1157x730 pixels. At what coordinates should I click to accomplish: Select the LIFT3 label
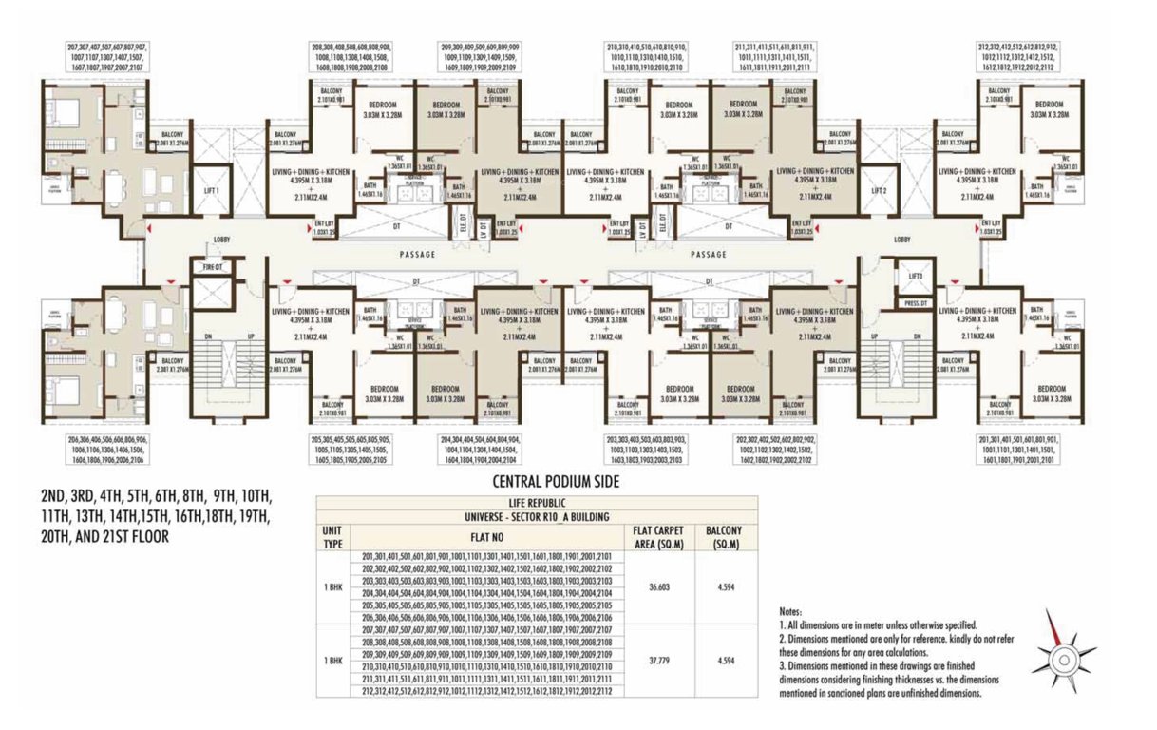click(915, 276)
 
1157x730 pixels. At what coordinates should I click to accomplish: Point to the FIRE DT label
click(213, 268)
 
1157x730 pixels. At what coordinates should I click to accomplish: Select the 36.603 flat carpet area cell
click(658, 587)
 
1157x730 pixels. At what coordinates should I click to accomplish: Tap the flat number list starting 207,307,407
click(106, 57)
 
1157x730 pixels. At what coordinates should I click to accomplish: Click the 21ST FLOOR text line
click(102, 535)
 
